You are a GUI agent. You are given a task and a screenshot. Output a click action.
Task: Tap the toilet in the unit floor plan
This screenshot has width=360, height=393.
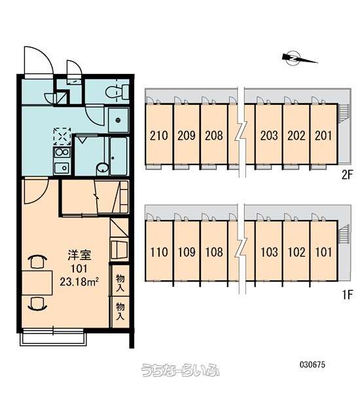[x=117, y=92]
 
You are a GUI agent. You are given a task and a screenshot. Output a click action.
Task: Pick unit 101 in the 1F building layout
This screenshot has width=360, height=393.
[x=324, y=251]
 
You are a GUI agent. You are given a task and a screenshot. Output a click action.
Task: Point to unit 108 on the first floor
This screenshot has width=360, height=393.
[x=214, y=251]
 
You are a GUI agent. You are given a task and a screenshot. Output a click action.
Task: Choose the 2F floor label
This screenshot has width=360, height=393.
[x=347, y=175]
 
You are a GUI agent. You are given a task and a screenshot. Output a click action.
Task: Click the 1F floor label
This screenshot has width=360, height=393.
[x=348, y=295]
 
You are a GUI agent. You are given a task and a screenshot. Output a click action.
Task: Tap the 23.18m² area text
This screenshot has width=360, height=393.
[x=79, y=282]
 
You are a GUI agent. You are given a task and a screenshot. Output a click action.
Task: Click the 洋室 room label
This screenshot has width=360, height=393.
[x=79, y=255]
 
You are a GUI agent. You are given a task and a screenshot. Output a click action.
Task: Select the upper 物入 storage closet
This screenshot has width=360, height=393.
[x=120, y=282]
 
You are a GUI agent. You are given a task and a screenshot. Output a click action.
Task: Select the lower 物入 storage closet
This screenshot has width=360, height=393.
[x=120, y=312]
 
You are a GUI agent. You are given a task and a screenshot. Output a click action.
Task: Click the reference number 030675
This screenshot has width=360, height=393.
[x=312, y=364]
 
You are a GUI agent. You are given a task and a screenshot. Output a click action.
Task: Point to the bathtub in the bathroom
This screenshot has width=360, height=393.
[x=118, y=156]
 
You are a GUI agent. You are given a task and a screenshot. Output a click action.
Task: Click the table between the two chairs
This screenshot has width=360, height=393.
[x=37, y=282]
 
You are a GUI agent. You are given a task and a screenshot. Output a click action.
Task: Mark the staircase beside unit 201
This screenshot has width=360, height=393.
[x=344, y=113]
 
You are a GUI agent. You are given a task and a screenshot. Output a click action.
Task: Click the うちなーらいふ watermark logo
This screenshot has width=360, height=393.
[x=180, y=369]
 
